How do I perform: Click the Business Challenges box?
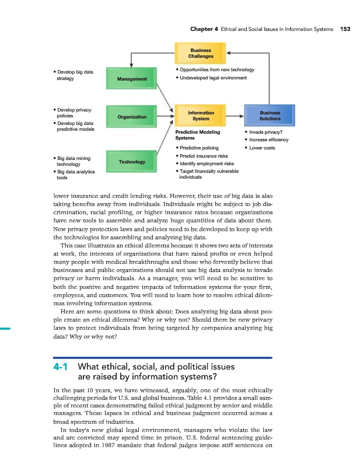point(200,53)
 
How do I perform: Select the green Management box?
point(131,79)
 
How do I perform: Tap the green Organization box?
point(131,117)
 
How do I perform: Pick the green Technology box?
point(131,161)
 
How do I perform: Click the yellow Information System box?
point(200,116)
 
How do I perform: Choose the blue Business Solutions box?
point(270,116)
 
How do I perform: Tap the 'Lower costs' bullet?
point(263,148)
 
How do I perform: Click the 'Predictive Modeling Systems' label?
point(198,135)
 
